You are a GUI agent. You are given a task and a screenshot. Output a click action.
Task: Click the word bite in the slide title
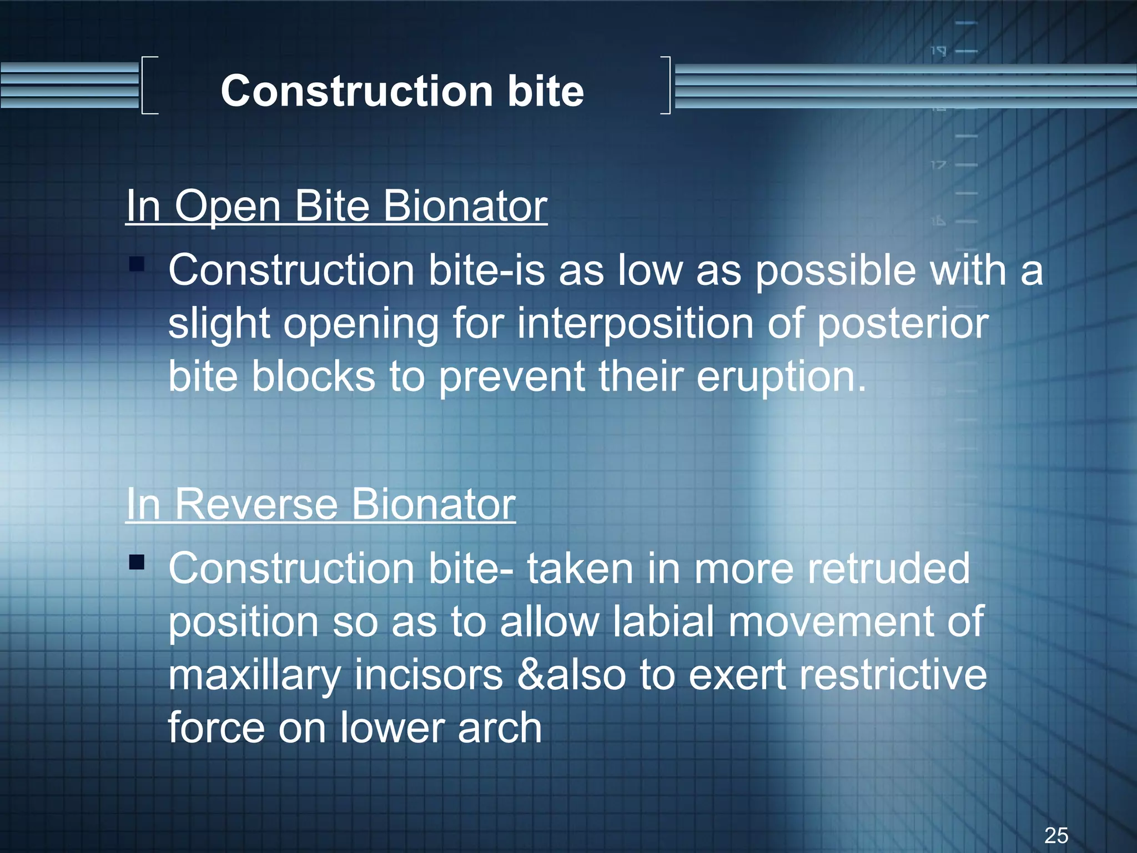545,92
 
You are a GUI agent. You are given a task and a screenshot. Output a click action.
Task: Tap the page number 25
1056,835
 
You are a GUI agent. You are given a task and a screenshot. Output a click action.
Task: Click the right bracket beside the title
666,85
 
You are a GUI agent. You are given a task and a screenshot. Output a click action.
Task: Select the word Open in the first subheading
228,206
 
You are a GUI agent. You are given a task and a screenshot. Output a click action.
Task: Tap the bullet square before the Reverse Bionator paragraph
137,563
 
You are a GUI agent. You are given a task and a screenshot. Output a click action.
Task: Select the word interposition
635,324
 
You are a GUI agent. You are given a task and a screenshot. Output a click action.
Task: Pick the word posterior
903,324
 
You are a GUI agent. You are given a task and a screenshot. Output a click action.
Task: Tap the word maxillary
254,676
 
